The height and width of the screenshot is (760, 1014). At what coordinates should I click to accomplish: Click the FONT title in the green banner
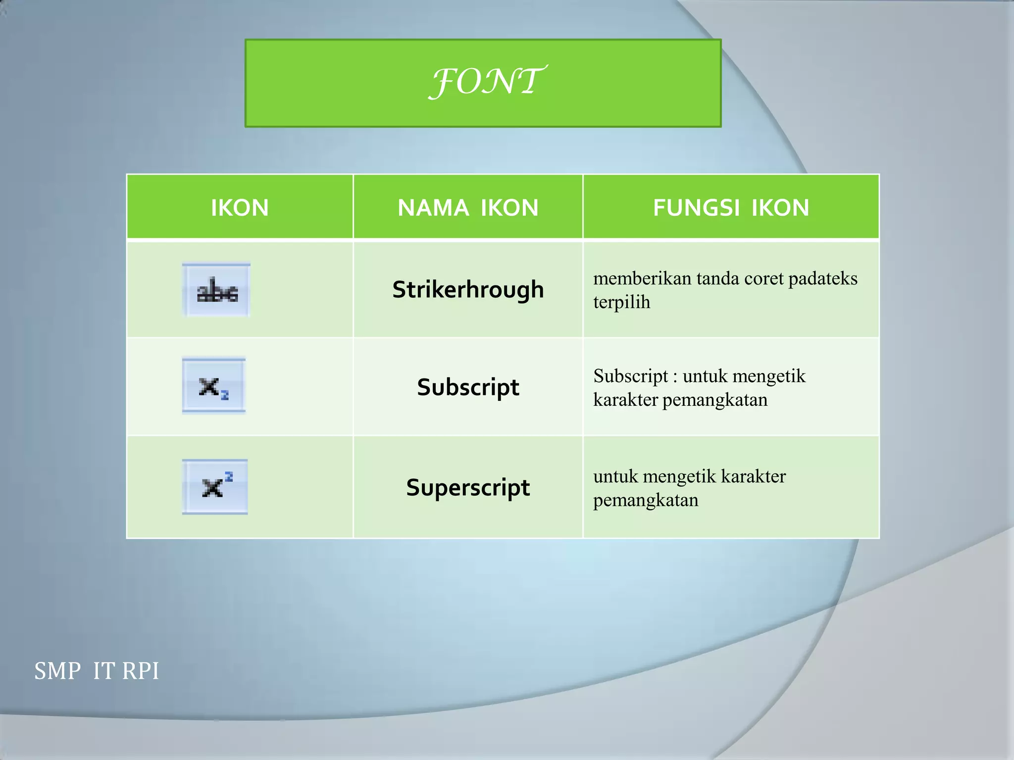click(x=487, y=82)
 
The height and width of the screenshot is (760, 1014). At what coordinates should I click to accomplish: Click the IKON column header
click(x=240, y=207)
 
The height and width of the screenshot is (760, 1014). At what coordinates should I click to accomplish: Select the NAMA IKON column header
click(x=468, y=207)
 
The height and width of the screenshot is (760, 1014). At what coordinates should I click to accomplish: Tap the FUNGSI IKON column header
click(x=731, y=207)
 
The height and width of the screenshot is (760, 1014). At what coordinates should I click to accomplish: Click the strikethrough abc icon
click(x=216, y=290)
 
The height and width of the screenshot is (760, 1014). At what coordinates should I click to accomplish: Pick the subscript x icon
click(x=213, y=386)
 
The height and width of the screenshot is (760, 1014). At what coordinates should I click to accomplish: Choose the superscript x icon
click(x=215, y=487)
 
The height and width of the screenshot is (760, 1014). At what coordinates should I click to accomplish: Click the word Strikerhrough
click(x=468, y=289)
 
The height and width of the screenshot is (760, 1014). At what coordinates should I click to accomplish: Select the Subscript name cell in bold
click(x=468, y=387)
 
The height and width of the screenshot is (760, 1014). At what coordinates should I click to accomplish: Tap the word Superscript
click(x=468, y=487)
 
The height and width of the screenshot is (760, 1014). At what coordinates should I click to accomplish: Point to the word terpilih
click(x=621, y=302)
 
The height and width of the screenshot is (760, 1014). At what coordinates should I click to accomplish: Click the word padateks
click(x=822, y=279)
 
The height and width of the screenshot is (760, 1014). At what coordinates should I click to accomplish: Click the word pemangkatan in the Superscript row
click(x=646, y=500)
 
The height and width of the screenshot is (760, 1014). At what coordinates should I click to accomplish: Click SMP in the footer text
click(x=57, y=671)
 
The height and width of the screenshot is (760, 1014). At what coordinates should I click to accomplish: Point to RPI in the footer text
click(x=140, y=671)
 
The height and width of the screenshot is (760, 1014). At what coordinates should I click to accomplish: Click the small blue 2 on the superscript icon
click(x=229, y=477)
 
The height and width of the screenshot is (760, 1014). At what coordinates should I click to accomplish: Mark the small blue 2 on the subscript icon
click(x=225, y=395)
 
